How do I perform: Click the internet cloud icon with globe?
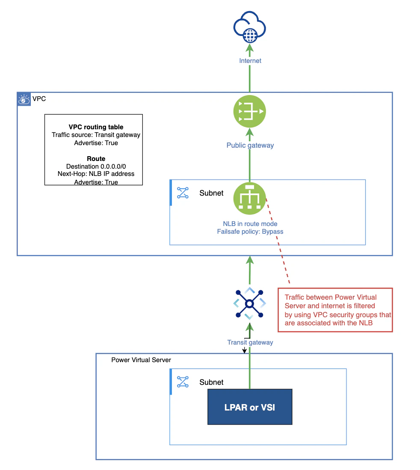(x=249, y=27)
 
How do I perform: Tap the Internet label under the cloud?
(x=250, y=61)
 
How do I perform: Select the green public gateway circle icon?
(x=249, y=111)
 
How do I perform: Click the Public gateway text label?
(x=250, y=146)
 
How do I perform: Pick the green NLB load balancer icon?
(x=249, y=199)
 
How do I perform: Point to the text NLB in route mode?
(x=250, y=224)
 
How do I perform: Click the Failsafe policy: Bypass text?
(x=250, y=232)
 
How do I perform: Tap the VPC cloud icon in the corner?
(x=24, y=99)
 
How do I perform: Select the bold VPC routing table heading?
(x=96, y=127)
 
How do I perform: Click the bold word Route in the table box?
(x=96, y=158)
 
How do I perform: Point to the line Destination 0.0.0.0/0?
(x=96, y=167)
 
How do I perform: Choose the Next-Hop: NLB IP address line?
(x=96, y=174)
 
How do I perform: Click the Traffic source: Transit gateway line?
(x=96, y=135)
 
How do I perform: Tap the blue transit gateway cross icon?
(x=249, y=303)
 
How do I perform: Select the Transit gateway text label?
(x=250, y=342)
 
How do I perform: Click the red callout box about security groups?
(x=335, y=310)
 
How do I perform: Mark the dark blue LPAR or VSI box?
(x=250, y=407)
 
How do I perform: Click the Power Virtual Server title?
(x=141, y=360)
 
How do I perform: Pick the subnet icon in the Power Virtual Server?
(x=183, y=382)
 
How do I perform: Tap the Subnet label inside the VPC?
(x=212, y=193)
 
